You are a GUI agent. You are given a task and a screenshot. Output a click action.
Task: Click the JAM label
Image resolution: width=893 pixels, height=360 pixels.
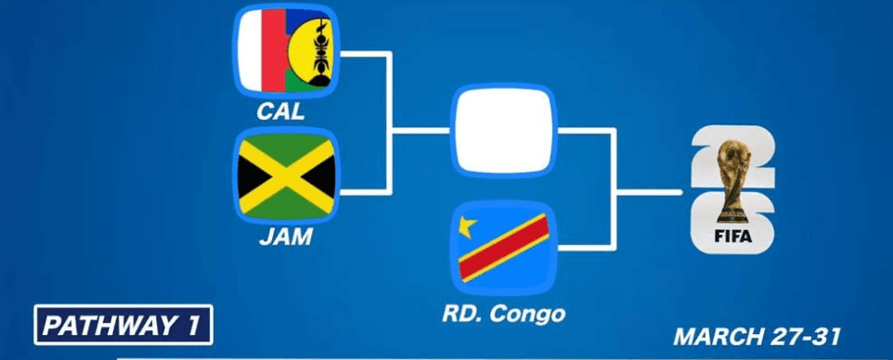(286, 239)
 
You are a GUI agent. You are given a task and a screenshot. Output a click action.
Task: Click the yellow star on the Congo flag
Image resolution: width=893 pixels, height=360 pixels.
(469, 225)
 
